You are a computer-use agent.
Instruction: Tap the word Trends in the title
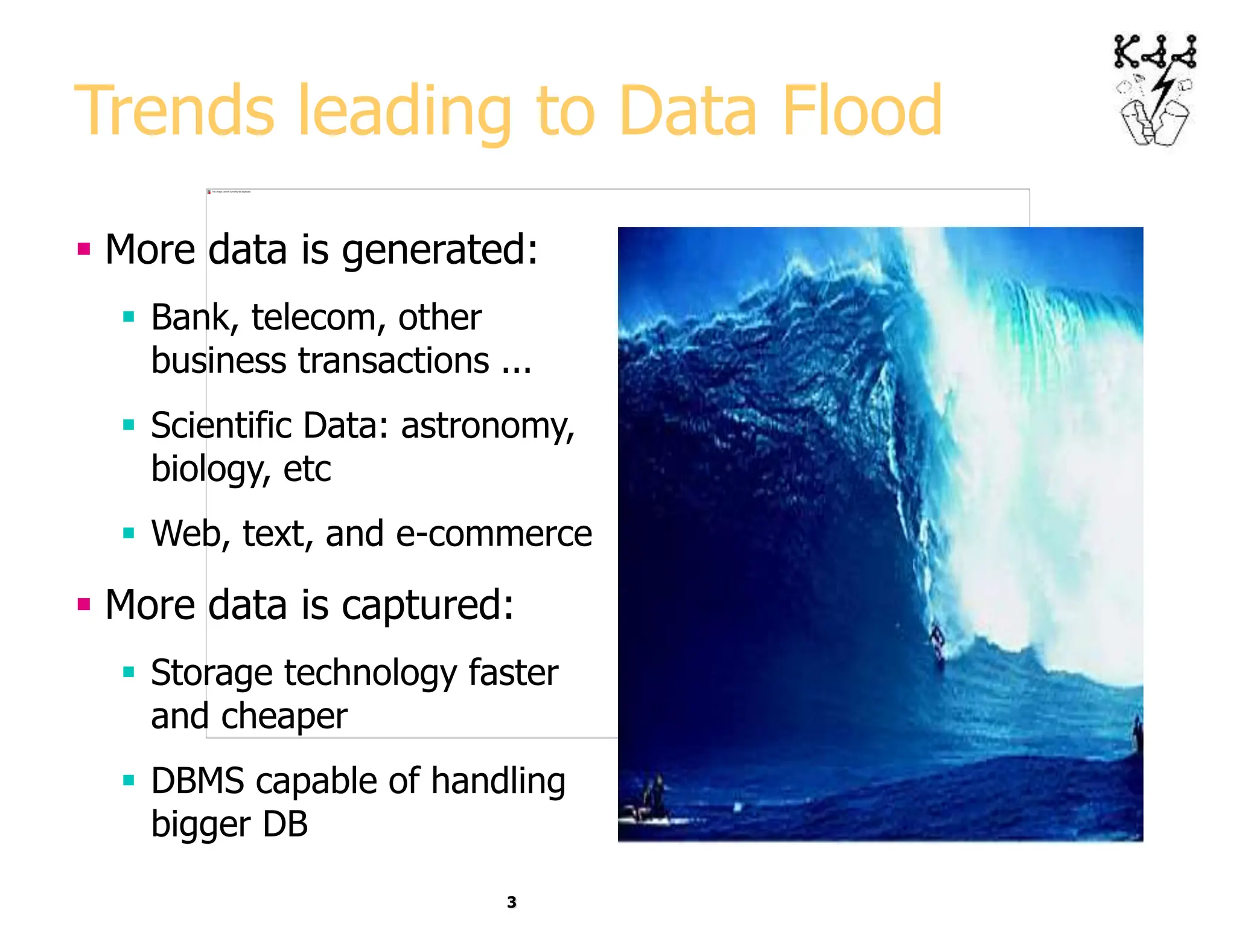[174, 110]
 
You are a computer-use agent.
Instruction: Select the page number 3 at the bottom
[512, 902]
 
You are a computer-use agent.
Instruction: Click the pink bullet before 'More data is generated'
[84, 249]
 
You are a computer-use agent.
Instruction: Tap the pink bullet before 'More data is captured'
[84, 604]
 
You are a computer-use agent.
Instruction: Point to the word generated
[439, 250]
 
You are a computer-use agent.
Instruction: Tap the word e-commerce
[494, 534]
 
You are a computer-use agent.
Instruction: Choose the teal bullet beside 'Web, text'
[129, 533]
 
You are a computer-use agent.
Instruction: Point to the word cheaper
[284, 716]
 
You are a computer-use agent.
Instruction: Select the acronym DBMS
[197, 781]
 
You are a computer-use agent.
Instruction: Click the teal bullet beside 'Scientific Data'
[129, 425]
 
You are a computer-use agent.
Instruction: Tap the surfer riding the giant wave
[938, 645]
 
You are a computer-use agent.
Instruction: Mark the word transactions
[393, 362]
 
